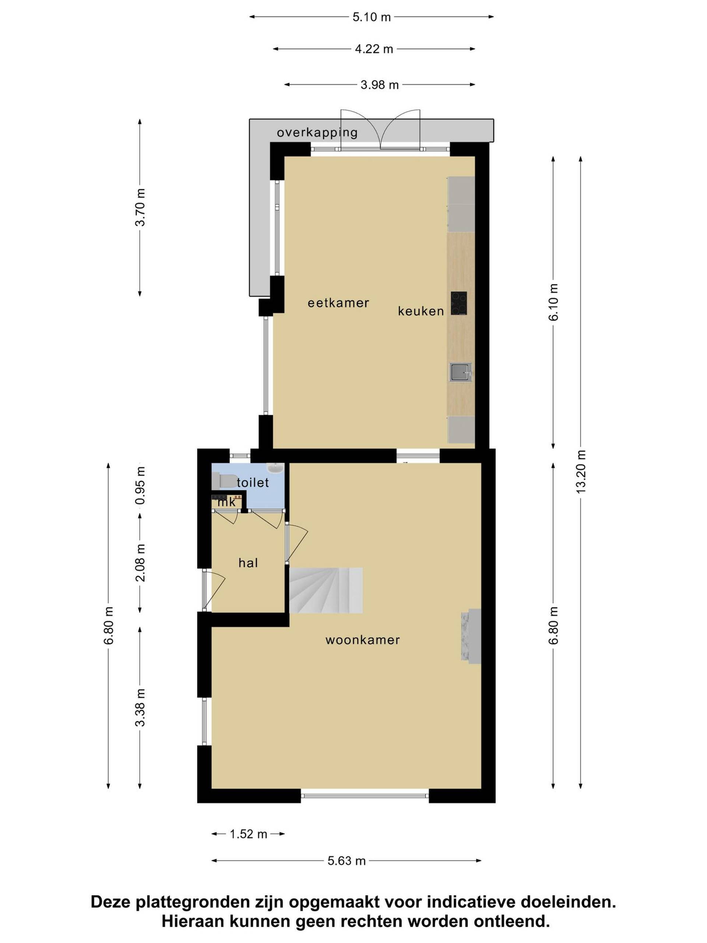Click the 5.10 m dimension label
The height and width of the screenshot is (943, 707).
click(371, 17)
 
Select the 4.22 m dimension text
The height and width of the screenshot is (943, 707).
click(374, 49)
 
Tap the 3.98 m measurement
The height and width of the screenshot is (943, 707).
click(379, 85)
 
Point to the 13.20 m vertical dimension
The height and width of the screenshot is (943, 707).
click(581, 471)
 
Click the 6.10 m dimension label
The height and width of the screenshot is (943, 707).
click(553, 302)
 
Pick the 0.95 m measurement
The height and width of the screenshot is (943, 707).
click(140, 485)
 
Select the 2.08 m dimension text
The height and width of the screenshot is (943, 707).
click(140, 563)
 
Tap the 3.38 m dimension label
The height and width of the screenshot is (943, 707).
click(140, 708)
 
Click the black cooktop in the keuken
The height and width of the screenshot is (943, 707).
click(458, 303)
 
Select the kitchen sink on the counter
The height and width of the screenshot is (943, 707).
click(460, 372)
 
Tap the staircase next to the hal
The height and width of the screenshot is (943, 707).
click(326, 590)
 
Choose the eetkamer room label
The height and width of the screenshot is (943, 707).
click(338, 303)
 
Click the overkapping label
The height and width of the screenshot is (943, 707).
click(317, 133)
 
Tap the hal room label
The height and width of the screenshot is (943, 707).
click(248, 563)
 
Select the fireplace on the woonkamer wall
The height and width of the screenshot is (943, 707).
click(471, 635)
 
